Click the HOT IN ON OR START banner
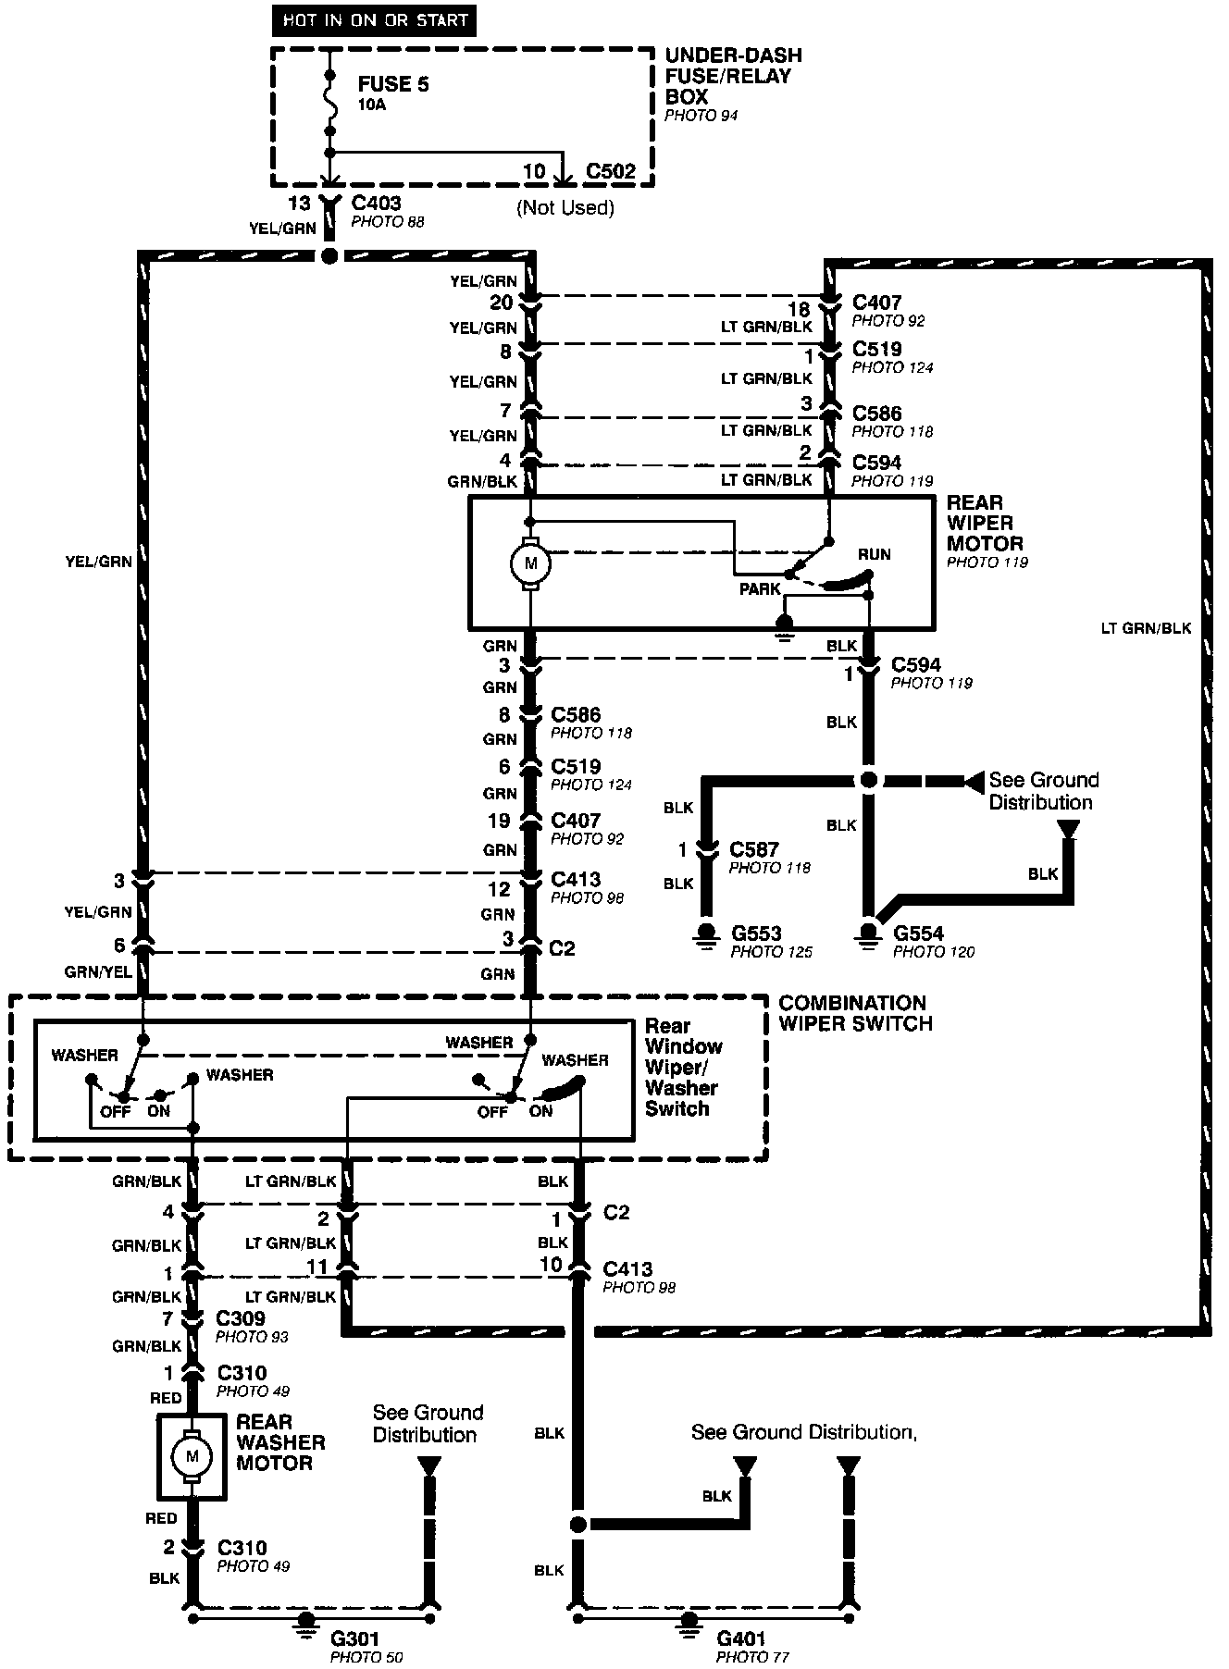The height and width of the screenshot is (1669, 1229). (x=375, y=21)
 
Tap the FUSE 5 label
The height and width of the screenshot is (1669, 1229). (x=393, y=84)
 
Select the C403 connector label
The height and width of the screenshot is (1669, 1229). (x=377, y=204)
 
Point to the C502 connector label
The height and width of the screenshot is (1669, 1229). (x=611, y=172)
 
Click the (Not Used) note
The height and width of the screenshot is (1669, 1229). (x=565, y=207)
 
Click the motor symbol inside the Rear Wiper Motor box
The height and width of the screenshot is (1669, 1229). (x=530, y=563)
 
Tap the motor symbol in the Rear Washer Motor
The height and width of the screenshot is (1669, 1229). (x=192, y=1457)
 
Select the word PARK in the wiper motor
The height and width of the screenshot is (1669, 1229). (x=760, y=589)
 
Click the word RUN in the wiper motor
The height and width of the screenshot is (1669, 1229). (x=874, y=554)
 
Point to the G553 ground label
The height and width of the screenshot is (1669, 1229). (x=755, y=933)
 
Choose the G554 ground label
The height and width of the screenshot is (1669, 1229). (x=919, y=933)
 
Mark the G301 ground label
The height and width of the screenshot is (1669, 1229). (x=355, y=1640)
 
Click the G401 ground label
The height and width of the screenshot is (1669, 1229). (x=741, y=1640)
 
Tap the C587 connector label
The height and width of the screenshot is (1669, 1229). (x=754, y=849)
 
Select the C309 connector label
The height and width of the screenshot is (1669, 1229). (x=241, y=1318)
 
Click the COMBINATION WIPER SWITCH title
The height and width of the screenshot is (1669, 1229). (x=854, y=1013)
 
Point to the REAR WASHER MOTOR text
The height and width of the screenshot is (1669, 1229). (x=280, y=1442)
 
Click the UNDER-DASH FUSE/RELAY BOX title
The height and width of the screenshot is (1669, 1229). (x=733, y=76)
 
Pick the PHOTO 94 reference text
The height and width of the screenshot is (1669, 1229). (x=701, y=116)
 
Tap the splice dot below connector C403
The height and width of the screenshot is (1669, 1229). (x=329, y=256)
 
